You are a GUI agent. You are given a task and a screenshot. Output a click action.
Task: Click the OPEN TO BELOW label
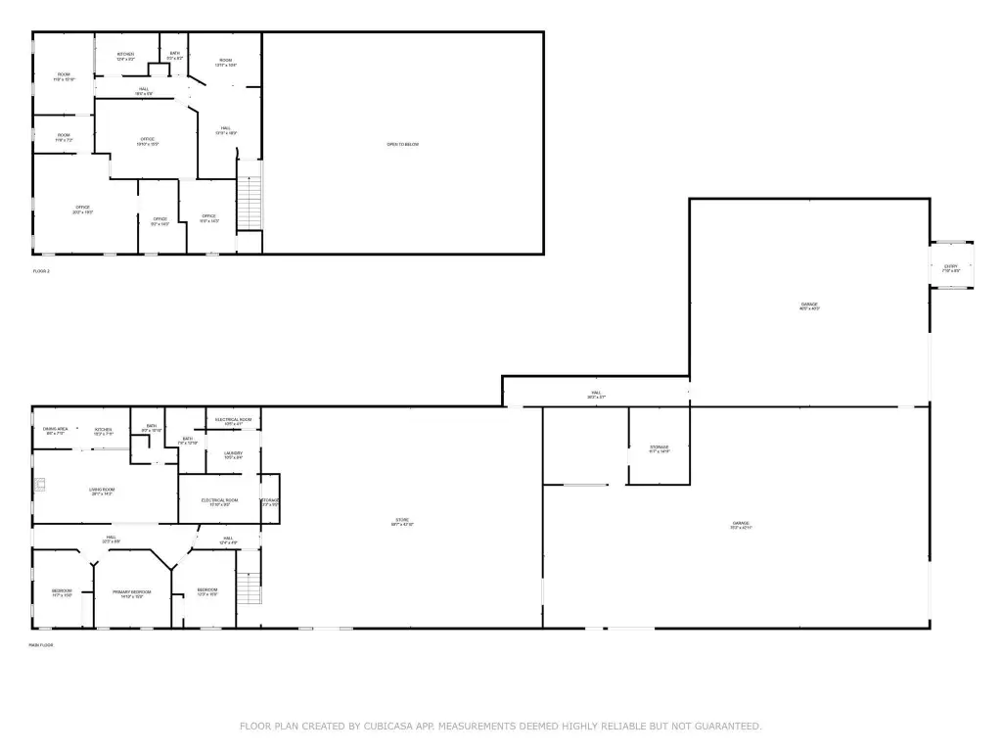(402, 145)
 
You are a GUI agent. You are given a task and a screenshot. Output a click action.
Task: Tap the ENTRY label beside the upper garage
(950, 266)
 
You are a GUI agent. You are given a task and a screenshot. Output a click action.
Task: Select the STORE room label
(402, 520)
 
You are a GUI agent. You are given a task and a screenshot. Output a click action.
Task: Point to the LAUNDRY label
(233, 453)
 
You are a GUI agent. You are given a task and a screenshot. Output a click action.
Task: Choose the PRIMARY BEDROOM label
(132, 592)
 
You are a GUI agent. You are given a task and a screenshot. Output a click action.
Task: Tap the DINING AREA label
(55, 429)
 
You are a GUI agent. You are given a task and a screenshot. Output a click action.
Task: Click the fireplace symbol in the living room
(42, 484)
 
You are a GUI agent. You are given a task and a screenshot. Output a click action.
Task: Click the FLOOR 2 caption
(40, 270)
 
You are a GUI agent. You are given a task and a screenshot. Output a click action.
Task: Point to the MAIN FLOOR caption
(40, 644)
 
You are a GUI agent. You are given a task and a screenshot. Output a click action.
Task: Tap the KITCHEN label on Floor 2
(125, 54)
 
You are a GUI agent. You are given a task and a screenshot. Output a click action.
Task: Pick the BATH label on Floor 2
(175, 54)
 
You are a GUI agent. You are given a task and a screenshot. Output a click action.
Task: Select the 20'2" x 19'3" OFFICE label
(83, 208)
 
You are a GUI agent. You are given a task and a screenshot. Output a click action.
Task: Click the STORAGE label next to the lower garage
(660, 447)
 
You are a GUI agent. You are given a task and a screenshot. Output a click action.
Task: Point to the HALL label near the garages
(595, 393)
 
